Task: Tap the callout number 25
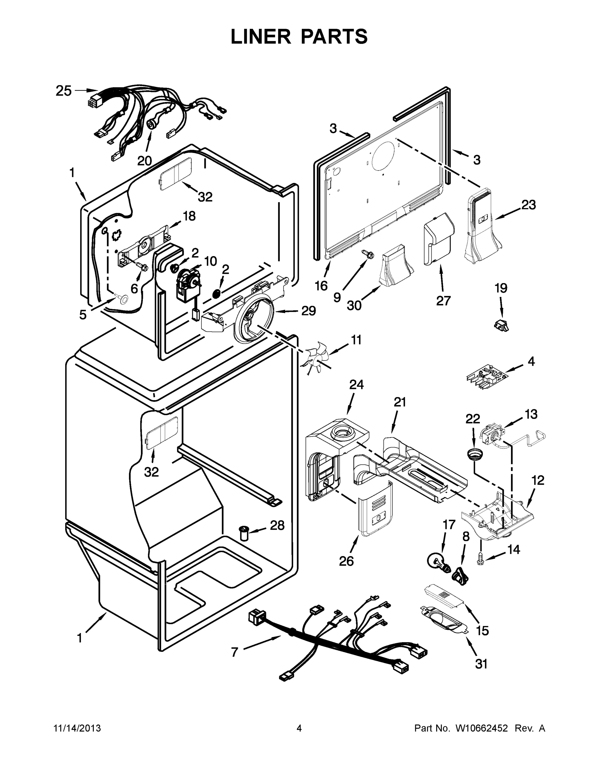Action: [64, 91]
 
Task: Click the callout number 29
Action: [308, 311]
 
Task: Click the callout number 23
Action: [528, 204]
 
